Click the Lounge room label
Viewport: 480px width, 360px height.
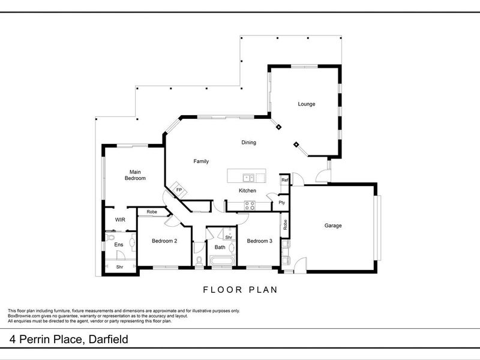tap(307, 104)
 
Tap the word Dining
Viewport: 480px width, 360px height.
tap(248, 143)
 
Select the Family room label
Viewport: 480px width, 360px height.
tap(200, 161)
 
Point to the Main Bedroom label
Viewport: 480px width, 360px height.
tap(135, 175)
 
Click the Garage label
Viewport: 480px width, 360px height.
tap(333, 226)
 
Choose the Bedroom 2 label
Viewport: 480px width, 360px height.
tap(164, 241)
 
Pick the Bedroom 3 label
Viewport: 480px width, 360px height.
tap(260, 241)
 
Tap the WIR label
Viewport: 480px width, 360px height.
tap(120, 220)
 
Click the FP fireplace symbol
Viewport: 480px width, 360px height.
tap(178, 190)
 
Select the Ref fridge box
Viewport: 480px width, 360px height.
tap(285, 180)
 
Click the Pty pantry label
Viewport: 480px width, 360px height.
tap(281, 203)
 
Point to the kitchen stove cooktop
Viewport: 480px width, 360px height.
tap(249, 204)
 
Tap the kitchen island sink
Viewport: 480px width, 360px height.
tap(247, 177)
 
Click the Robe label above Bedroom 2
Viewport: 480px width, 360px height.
tap(151, 212)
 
